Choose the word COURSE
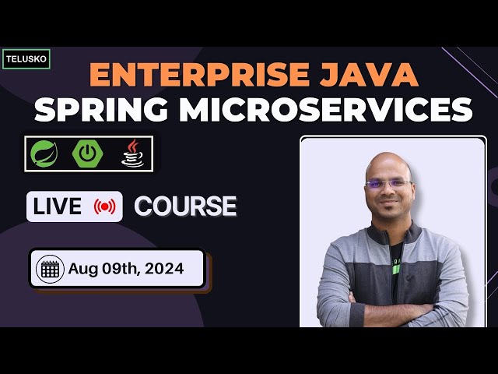tap(185, 206)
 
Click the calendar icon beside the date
tap(50, 270)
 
